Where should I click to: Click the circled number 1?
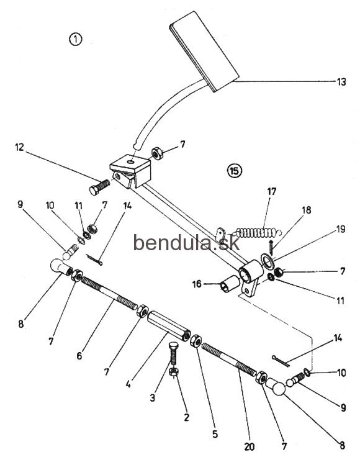click(x=76, y=40)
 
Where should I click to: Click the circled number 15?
click(x=235, y=171)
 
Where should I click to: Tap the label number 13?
click(x=341, y=82)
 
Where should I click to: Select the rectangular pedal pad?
click(x=204, y=51)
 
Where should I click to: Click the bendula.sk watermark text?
click(x=186, y=242)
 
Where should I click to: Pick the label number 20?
click(x=249, y=447)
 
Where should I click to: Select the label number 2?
click(x=186, y=417)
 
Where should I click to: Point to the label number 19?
click(x=341, y=229)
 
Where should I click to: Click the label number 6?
click(x=79, y=356)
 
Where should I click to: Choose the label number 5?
click(x=215, y=435)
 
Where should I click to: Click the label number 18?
click(x=307, y=210)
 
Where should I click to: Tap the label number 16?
click(x=197, y=284)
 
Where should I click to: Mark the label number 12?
click(x=19, y=147)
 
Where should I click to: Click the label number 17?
click(x=271, y=191)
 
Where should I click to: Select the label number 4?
click(x=128, y=384)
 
